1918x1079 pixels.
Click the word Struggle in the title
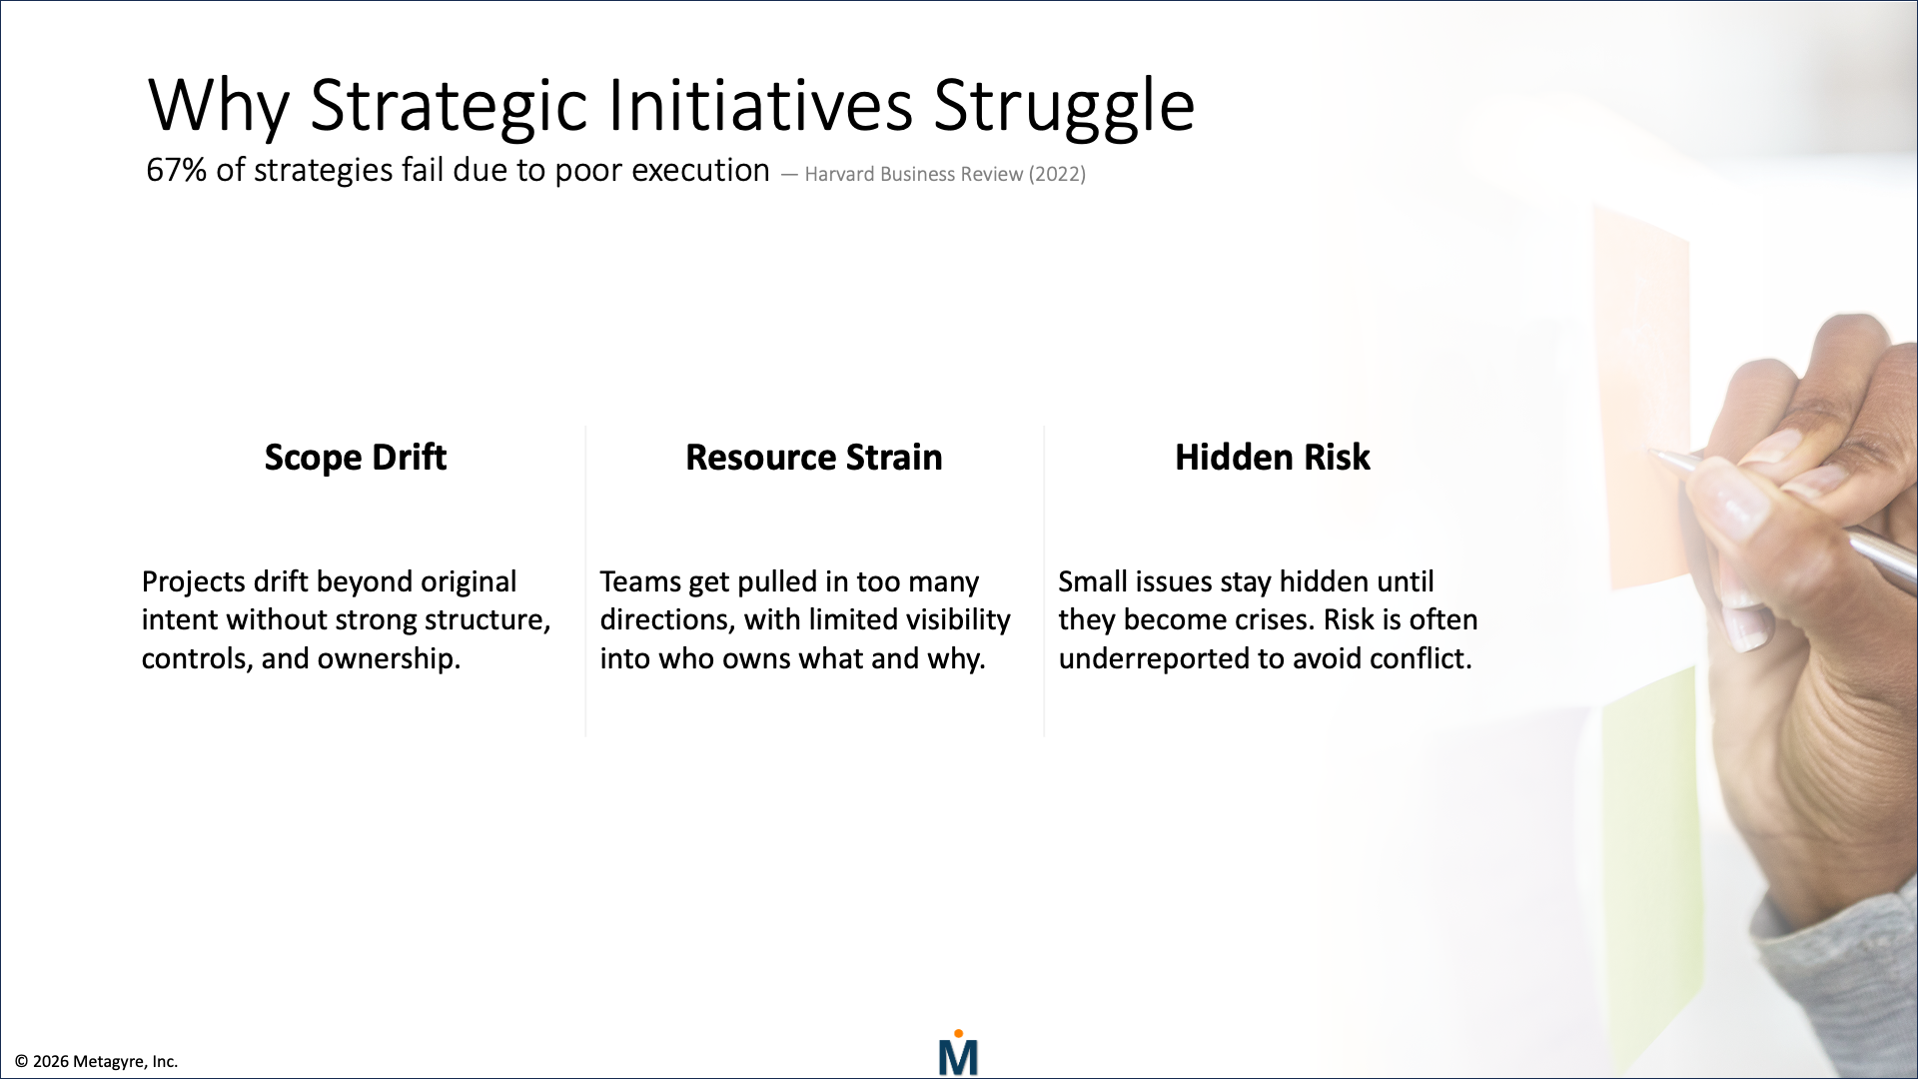point(1063,106)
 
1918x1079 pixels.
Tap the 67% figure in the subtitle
point(176,171)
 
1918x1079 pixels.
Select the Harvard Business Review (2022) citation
point(944,175)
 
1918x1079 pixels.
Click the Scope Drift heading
point(355,458)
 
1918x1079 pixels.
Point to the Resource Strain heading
point(813,458)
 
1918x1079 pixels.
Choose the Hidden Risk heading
point(1272,458)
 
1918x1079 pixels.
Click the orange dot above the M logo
point(958,1034)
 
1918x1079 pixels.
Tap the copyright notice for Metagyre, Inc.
point(97,1062)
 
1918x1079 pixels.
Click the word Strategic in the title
point(449,106)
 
